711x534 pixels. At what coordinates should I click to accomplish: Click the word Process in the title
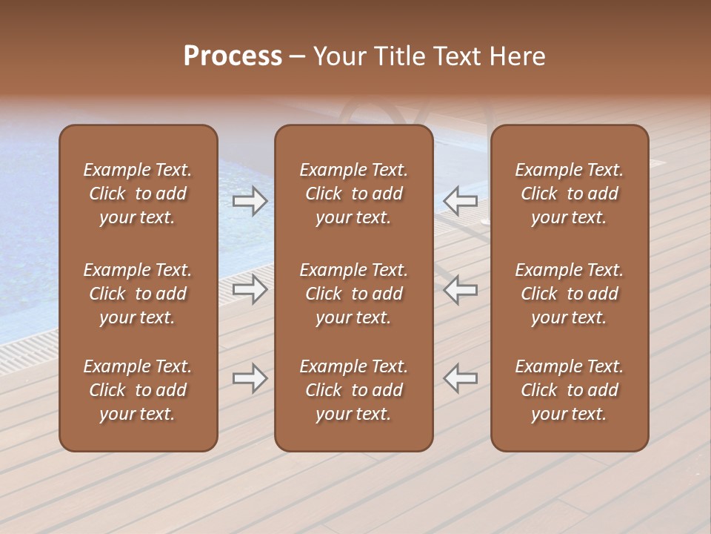[233, 56]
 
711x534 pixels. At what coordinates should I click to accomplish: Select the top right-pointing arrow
[250, 201]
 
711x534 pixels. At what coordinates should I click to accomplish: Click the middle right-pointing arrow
[250, 289]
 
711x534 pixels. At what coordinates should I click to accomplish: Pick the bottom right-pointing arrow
[250, 378]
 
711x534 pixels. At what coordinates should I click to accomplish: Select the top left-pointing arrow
[460, 201]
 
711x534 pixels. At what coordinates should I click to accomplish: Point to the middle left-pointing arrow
[460, 289]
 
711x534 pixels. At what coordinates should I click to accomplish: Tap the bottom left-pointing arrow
[460, 378]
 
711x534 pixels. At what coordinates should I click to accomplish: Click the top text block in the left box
[138, 194]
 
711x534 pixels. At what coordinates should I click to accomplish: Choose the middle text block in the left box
[138, 294]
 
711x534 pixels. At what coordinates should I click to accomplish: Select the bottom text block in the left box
[138, 390]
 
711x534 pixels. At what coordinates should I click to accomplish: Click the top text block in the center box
[353, 194]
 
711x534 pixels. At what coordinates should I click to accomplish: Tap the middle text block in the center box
[353, 294]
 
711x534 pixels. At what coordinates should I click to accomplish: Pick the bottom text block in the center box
[353, 390]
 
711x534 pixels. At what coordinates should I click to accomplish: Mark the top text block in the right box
[569, 194]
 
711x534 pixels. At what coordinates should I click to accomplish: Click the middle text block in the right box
[569, 294]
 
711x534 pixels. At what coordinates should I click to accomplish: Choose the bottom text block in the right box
[569, 390]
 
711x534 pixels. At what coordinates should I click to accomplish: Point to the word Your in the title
[340, 56]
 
